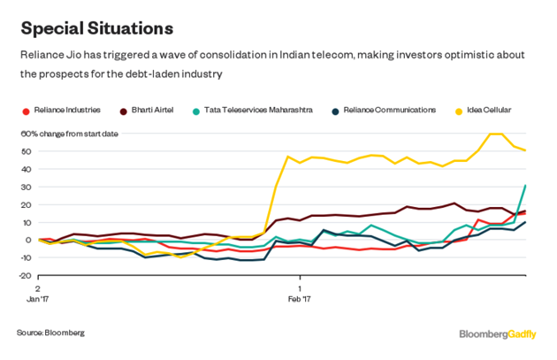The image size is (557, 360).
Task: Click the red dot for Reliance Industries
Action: click(26, 111)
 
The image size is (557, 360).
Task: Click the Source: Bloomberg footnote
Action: click(50, 332)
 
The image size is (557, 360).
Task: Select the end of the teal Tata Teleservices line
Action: click(526, 185)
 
